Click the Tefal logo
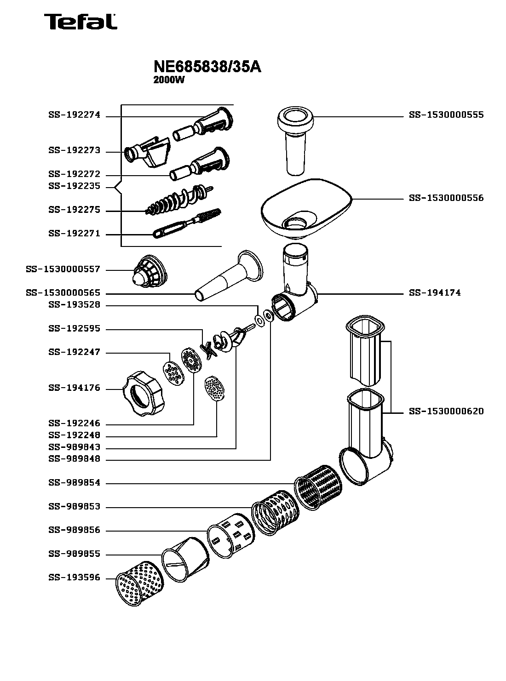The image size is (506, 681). pyautogui.click(x=80, y=22)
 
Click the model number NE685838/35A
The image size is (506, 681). pyautogui.click(x=207, y=68)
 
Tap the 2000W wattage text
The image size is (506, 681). pyautogui.click(x=168, y=80)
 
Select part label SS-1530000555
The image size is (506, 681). pyautogui.click(x=446, y=115)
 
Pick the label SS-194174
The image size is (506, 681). pyautogui.click(x=435, y=293)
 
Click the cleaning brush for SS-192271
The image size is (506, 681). pyautogui.click(x=187, y=224)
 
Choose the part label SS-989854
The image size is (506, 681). pyautogui.click(x=74, y=483)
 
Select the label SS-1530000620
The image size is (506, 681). pyautogui.click(x=446, y=412)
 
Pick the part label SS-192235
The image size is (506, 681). pyautogui.click(x=74, y=187)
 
